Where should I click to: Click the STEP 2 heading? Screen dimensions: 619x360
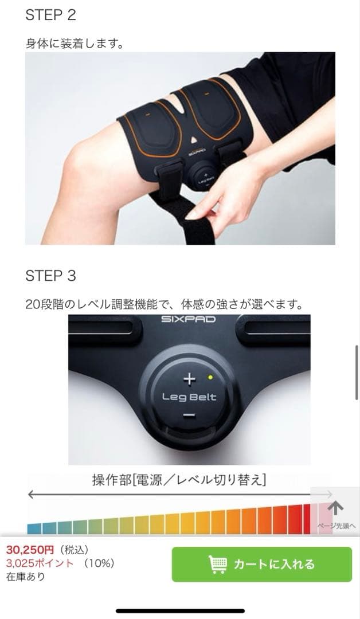point(50,15)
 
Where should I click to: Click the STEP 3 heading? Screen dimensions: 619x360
point(50,276)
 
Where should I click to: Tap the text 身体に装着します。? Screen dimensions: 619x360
point(75,43)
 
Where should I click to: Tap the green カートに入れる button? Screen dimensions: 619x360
point(262,564)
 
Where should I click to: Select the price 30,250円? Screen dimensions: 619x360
point(30,550)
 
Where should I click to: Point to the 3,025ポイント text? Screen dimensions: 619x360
point(40,563)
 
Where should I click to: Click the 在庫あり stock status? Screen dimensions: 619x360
point(25,577)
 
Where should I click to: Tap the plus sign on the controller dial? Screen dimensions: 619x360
point(189,379)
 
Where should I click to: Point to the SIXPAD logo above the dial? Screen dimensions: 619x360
point(189,319)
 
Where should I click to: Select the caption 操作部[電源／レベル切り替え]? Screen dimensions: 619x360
point(179,480)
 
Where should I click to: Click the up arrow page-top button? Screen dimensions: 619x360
point(335,508)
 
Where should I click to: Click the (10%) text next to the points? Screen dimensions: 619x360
point(99,563)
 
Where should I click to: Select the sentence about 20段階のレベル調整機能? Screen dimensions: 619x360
point(164,304)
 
